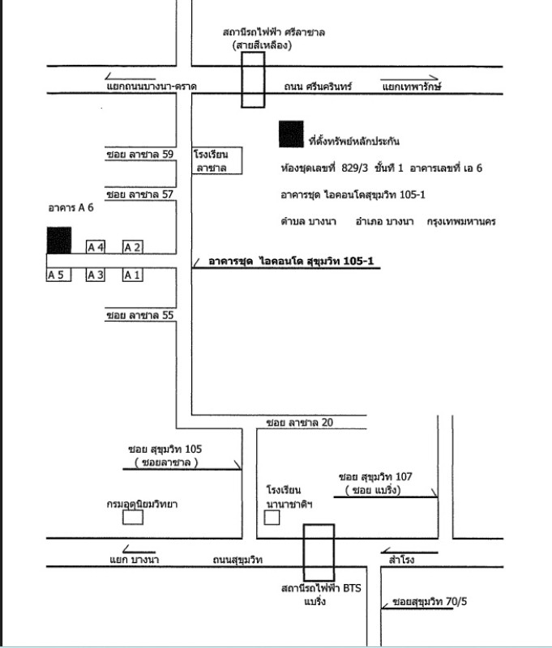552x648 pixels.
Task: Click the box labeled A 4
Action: tap(96, 246)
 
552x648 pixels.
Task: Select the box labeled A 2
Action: tap(132, 246)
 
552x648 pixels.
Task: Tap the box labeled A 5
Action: tap(56, 275)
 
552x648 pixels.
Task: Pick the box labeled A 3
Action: tap(96, 275)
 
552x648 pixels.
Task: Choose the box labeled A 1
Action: tap(132, 275)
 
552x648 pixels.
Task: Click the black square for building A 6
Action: tap(58, 241)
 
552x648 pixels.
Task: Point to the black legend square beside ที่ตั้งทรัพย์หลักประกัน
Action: tap(291, 134)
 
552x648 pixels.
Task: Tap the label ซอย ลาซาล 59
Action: tap(140, 154)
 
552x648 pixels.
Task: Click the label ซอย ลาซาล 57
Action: tap(140, 194)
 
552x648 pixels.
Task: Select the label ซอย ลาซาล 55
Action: tap(140, 315)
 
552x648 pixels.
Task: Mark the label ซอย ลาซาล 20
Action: tap(299, 422)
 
